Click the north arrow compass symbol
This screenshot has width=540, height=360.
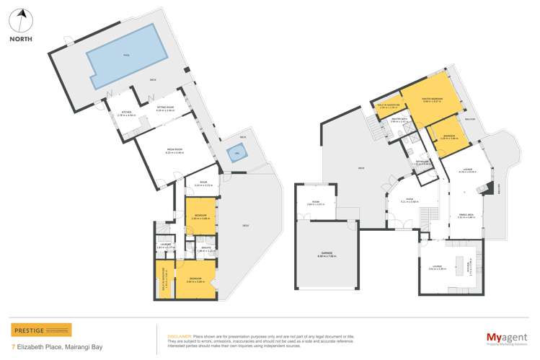click(23, 17)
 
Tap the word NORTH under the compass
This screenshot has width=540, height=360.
click(23, 40)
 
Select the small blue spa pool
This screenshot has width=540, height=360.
click(235, 154)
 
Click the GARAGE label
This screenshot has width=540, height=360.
click(327, 253)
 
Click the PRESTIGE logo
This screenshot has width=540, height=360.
click(41, 330)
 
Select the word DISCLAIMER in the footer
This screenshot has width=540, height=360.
click(179, 335)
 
